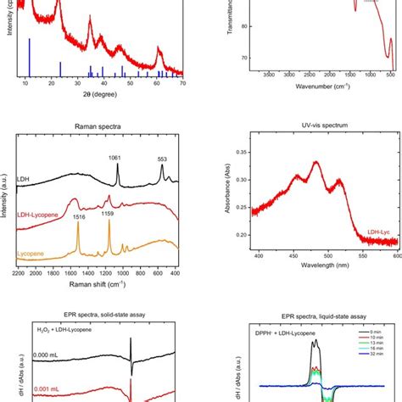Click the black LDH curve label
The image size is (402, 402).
25,180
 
